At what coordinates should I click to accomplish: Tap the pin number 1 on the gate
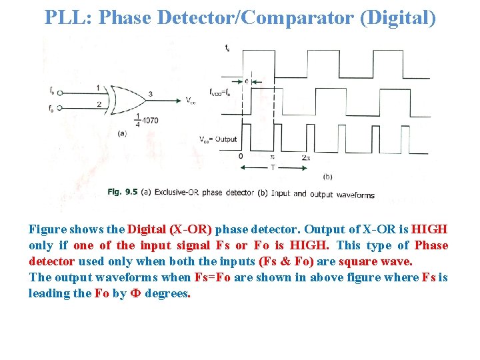coord(98,87)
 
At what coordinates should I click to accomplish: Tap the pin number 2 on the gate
coord(98,104)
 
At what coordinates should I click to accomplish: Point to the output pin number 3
coord(150,94)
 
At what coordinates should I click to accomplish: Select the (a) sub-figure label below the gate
coord(121,133)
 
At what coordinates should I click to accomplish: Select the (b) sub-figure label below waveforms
coord(327,177)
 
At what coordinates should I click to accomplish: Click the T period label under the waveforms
coord(272,169)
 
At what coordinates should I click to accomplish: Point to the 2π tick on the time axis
coord(305,157)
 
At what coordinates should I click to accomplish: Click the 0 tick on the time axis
coord(241,157)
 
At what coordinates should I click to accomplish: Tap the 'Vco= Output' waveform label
coord(218,139)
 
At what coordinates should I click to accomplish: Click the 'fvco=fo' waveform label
coord(220,93)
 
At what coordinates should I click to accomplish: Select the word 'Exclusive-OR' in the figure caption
coord(177,193)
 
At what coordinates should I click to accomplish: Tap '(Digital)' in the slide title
coord(397,17)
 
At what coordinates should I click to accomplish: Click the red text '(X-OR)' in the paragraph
coord(191,229)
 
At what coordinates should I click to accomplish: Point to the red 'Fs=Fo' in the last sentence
coord(211,277)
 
